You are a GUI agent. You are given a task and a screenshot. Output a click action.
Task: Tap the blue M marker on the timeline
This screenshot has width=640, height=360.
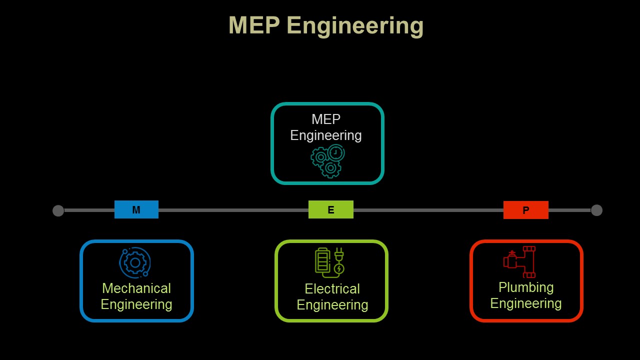pos(136,210)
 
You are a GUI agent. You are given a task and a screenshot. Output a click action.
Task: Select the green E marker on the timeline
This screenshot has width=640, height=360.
pos(331,210)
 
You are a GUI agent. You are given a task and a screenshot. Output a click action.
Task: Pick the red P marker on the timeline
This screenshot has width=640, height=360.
pos(526,210)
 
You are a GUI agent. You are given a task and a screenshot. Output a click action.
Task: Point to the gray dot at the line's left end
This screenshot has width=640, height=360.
pos(58,210)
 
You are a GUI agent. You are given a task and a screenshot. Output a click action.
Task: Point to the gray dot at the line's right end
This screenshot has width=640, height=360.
pos(596,210)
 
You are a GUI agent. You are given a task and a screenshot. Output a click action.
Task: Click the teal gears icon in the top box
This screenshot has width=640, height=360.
pos(328,161)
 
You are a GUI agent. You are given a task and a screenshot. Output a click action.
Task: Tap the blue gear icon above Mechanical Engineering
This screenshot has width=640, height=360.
pos(135,262)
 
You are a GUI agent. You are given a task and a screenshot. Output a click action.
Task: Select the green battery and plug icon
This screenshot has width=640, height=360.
pos(329,262)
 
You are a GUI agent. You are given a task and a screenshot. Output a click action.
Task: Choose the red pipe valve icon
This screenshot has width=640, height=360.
pos(519,261)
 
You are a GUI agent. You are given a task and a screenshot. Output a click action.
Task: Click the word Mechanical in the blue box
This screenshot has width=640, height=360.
pos(136,288)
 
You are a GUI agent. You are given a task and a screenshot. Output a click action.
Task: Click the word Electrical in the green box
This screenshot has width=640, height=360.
pos(332,289)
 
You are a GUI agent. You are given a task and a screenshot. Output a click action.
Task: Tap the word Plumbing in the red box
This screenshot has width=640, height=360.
pos(526,287)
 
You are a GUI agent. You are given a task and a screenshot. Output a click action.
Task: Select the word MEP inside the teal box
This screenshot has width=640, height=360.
pos(326,119)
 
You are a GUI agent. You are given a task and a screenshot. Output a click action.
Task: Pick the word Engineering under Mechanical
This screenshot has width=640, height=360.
pos(136,304)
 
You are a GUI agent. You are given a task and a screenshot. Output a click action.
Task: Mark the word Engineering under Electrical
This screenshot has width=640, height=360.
pos(332,305)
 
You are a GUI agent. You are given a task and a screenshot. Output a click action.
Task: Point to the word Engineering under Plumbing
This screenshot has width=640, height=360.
pos(526,303)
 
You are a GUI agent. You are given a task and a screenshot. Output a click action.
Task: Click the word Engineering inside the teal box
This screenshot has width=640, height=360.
pos(326,135)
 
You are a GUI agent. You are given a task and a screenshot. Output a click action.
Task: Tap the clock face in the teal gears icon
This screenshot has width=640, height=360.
pos(336,152)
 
